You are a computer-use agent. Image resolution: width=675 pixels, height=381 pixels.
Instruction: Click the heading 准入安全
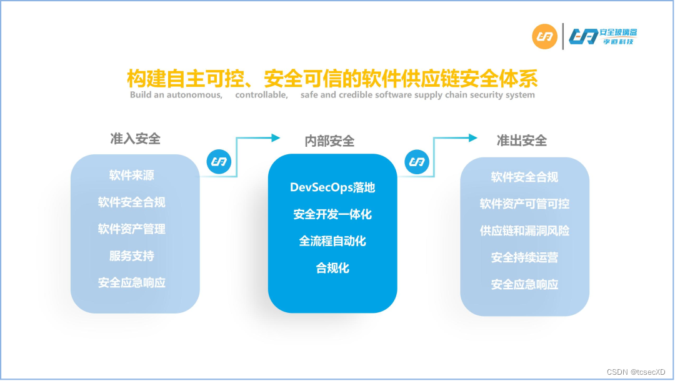pyautogui.click(x=135, y=139)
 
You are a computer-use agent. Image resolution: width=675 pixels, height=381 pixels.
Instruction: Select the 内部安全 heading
pyautogui.click(x=329, y=141)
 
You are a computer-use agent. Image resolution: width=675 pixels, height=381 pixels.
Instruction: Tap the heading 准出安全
pyautogui.click(x=521, y=141)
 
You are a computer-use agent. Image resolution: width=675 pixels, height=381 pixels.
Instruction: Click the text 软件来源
pyautogui.click(x=131, y=176)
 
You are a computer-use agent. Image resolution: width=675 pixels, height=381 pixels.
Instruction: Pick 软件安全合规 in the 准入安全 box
pyautogui.click(x=131, y=202)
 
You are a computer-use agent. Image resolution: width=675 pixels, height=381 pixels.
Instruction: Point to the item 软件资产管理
pyautogui.click(x=131, y=229)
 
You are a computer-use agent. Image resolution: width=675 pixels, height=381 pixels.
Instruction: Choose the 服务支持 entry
pyautogui.click(x=131, y=256)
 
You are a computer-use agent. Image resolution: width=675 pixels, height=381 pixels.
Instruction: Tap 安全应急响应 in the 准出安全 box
pyautogui.click(x=524, y=285)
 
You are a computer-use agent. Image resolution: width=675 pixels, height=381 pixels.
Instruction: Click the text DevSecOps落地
pyautogui.click(x=332, y=187)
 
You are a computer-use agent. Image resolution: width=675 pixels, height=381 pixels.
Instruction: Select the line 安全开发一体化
pyautogui.click(x=332, y=214)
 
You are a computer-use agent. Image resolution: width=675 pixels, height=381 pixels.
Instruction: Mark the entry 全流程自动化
pyautogui.click(x=332, y=241)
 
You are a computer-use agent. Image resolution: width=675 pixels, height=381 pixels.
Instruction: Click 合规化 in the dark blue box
pyautogui.click(x=332, y=269)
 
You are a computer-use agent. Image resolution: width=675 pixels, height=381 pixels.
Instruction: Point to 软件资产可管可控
pyautogui.click(x=524, y=204)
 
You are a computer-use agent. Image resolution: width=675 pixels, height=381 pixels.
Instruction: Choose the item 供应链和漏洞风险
pyautogui.click(x=524, y=231)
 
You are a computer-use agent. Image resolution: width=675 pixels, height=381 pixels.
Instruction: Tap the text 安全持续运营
pyautogui.click(x=524, y=258)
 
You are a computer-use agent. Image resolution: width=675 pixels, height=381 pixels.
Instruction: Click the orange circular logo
pyautogui.click(x=544, y=36)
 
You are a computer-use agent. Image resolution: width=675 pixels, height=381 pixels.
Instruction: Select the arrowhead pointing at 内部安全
pyautogui.click(x=275, y=137)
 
